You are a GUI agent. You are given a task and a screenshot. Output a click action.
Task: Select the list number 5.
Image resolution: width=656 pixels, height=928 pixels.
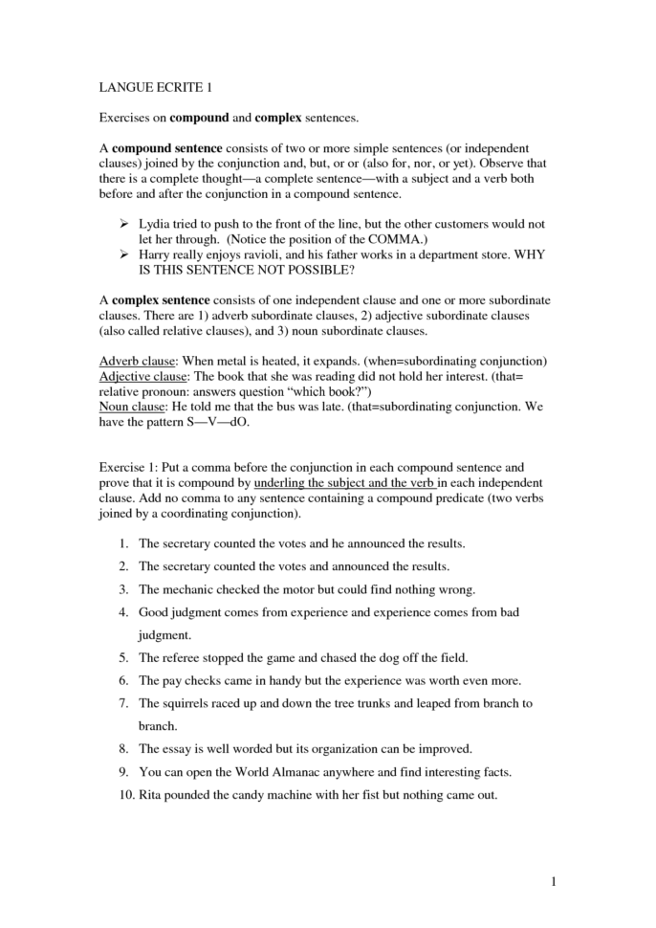coord(123,658)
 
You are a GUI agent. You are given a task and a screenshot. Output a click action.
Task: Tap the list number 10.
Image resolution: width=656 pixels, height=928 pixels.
coord(121,794)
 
